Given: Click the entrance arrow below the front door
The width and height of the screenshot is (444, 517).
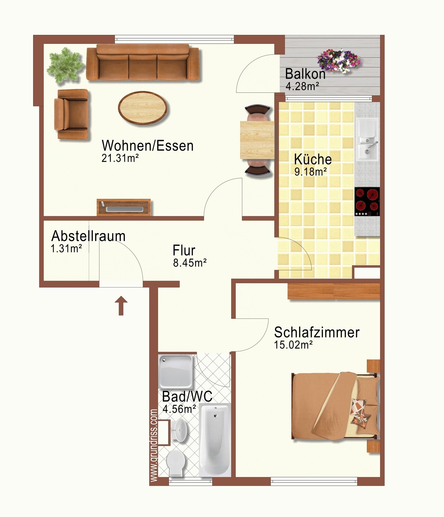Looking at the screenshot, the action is pos(121,305).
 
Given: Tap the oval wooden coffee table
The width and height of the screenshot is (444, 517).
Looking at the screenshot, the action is pos(143,108).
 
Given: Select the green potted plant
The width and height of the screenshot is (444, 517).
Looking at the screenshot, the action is pos(65,65).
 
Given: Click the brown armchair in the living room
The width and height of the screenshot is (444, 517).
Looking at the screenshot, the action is pos(71,114).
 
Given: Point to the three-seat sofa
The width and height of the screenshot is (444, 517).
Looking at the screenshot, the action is pos(142,62).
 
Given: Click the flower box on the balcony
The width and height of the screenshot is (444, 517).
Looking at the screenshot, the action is pos(339,60).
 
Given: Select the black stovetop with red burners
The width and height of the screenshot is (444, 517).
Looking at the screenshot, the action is pos(367,202).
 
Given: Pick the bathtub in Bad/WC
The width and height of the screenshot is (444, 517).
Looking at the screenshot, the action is pos(215,441).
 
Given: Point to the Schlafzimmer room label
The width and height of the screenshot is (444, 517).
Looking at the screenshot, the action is pos(317,332).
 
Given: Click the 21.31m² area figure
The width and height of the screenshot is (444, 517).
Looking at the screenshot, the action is pos(120,158).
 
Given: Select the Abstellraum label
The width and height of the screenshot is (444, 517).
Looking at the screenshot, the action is pos(88,236).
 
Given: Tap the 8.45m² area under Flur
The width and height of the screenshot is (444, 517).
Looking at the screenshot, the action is pos(190,263).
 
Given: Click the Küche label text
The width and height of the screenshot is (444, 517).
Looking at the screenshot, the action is pos(313,159).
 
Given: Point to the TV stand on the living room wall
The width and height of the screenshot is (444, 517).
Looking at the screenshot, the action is pos(124,207).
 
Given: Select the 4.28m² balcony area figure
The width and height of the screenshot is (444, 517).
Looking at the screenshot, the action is pos(303,86).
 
